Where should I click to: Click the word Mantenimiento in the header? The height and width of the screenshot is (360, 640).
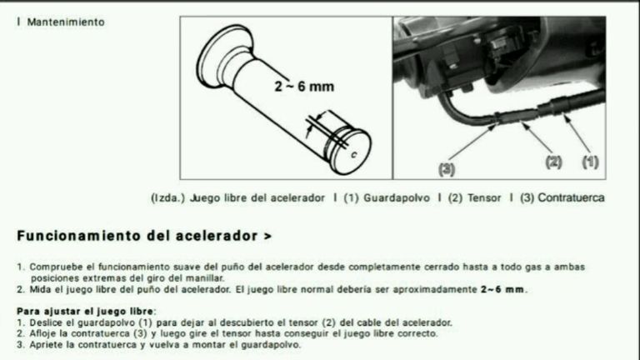tap(66, 22)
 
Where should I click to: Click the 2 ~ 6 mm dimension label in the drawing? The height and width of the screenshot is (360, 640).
tap(304, 87)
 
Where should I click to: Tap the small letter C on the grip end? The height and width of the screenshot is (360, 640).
tap(354, 155)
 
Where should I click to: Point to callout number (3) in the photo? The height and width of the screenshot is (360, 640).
tap(447, 169)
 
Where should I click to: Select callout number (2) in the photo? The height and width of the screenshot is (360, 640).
tap(553, 162)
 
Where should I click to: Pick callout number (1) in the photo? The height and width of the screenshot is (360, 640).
tap(590, 162)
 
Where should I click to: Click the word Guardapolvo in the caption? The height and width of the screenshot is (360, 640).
tap(397, 198)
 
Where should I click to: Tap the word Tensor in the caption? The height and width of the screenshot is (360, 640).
tap(484, 198)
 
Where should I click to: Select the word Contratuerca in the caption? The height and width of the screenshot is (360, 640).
tap(571, 198)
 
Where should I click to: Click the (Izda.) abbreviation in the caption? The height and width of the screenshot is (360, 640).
tap(167, 198)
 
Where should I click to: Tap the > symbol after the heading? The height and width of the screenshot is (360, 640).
tap(267, 237)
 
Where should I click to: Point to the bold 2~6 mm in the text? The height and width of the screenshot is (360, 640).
tap(502, 289)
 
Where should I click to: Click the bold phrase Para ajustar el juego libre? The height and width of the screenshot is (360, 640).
tap(85, 311)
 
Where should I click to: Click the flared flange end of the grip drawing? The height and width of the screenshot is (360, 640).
tap(223, 57)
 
